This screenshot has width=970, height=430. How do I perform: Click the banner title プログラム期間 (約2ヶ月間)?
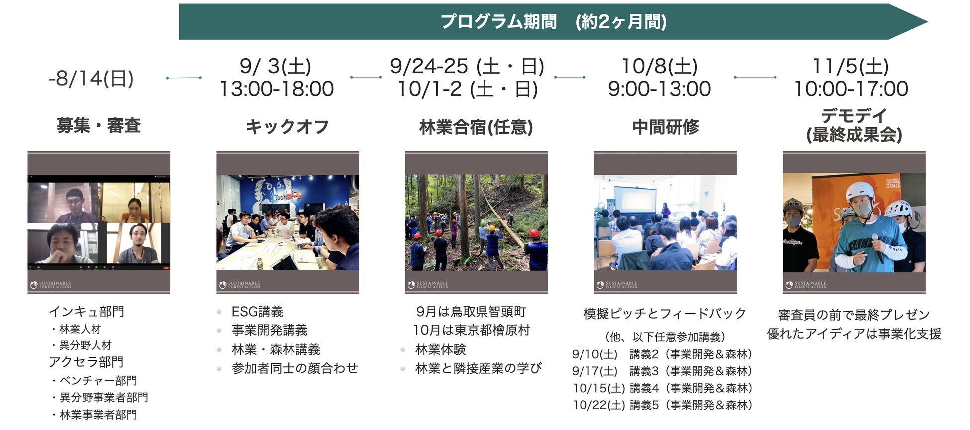click(553, 22)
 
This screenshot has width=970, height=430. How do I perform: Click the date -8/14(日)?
click(92, 78)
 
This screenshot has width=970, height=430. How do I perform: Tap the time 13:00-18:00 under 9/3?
click(277, 89)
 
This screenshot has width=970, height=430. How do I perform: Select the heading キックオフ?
click(287, 127)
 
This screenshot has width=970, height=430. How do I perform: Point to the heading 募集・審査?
click(98, 125)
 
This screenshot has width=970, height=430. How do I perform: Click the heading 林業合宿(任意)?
click(476, 127)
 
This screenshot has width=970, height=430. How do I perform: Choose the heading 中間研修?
click(666, 127)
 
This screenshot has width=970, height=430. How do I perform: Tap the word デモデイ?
click(854, 116)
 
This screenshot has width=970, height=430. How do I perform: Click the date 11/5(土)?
click(851, 66)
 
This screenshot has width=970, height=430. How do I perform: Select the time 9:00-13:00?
click(660, 89)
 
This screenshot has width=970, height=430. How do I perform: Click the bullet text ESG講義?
click(257, 312)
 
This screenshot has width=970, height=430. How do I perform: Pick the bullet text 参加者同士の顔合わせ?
click(295, 368)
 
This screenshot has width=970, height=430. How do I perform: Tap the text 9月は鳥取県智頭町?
click(471, 312)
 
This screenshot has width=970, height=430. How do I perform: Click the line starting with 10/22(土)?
click(662, 405)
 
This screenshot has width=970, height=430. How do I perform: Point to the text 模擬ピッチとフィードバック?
click(665, 313)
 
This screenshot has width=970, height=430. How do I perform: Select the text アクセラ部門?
click(86, 362)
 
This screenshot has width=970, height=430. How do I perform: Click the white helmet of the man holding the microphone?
click(860, 192)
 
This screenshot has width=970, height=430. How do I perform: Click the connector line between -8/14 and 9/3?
click(184, 78)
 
